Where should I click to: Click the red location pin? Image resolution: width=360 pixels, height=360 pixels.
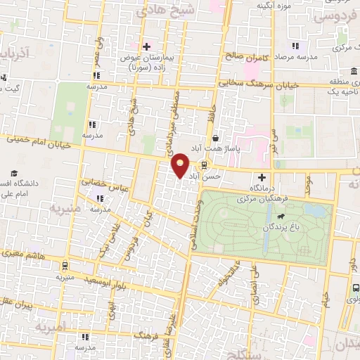coord(181,165)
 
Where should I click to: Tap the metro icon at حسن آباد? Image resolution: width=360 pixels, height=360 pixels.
coord(204,166)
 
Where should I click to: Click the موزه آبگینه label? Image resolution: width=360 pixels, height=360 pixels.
coord(274,6)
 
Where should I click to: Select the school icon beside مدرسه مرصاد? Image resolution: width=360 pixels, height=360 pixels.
coord(294,46)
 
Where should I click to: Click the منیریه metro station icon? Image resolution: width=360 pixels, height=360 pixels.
coord(65,266)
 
